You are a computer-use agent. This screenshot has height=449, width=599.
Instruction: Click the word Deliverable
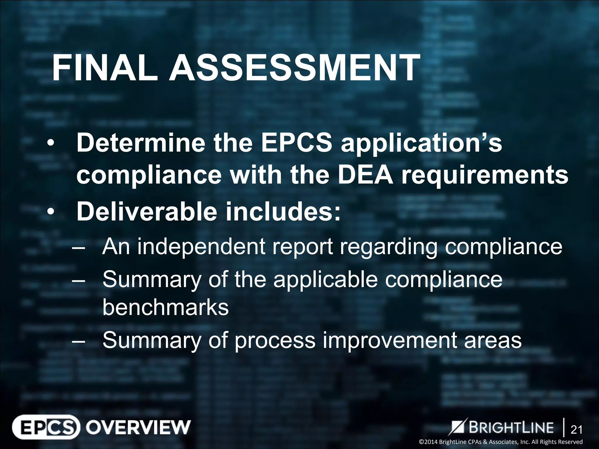pyautogui.click(x=147, y=212)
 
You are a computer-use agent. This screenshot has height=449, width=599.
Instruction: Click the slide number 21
pyautogui.click(x=576, y=430)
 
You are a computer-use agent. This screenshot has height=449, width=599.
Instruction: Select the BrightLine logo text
pyautogui.click(x=511, y=427)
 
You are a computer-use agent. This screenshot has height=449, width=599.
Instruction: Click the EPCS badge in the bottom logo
pyautogui.click(x=46, y=427)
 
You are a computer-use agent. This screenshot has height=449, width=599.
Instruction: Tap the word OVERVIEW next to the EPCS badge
pyautogui.click(x=138, y=427)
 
